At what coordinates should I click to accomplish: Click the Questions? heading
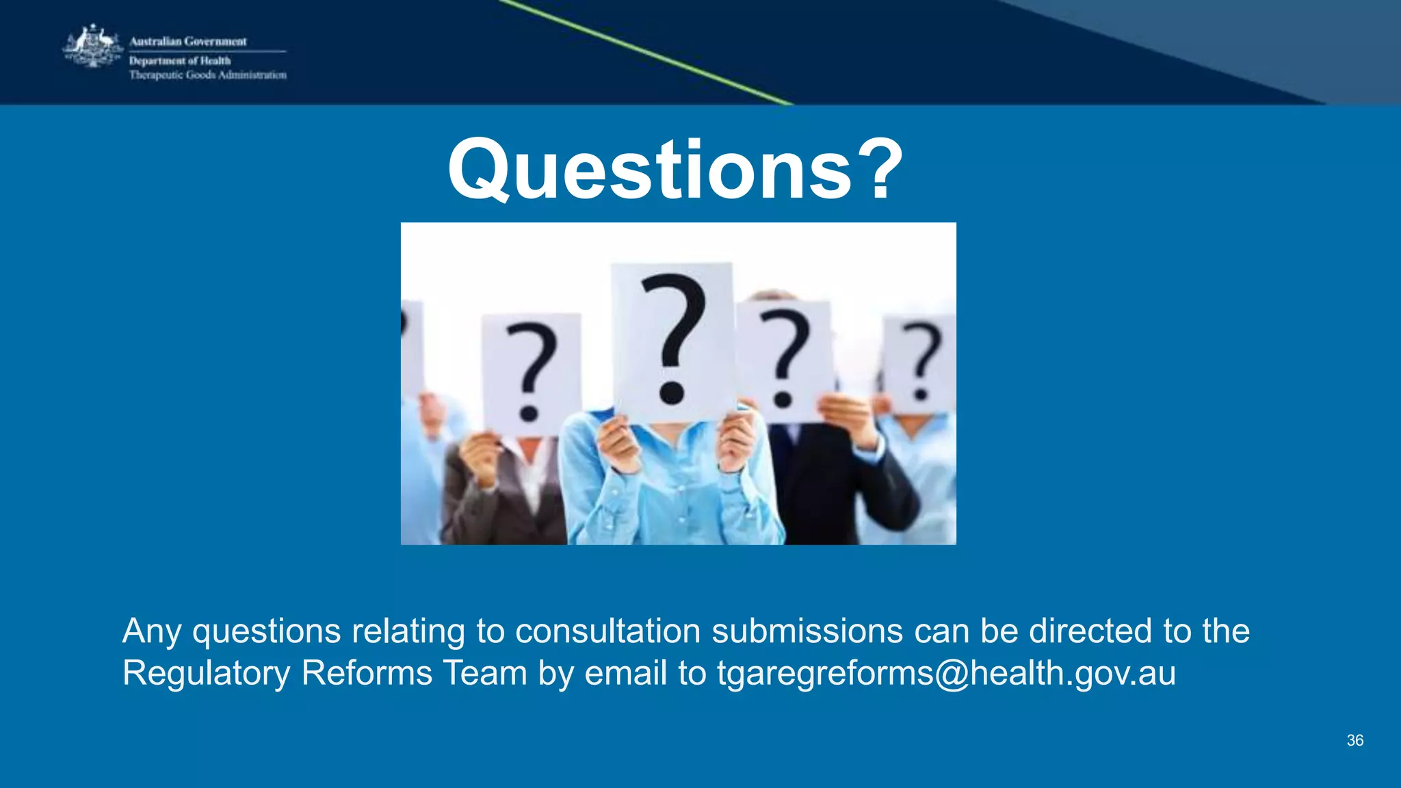pos(676,169)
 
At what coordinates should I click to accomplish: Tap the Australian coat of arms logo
pos(93,47)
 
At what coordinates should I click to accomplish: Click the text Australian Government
pos(188,42)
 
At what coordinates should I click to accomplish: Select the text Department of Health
pos(180,61)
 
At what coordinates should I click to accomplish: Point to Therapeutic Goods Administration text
pos(208,75)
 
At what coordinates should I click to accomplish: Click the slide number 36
pos(1354,740)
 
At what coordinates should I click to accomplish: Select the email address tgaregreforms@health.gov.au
pos(946,673)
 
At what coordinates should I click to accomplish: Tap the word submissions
pos(807,631)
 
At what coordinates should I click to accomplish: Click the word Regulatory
pos(206,673)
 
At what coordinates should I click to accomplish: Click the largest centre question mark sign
pos(673,339)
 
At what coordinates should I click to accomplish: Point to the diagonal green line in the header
pos(643,52)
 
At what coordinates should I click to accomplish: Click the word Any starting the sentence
pos(152,631)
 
